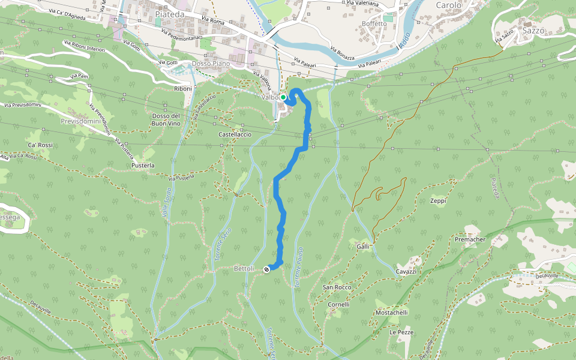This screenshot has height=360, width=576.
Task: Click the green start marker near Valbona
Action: click(283, 97)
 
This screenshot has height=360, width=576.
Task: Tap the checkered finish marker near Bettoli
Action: click(266, 270)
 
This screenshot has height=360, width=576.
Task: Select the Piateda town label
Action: click(169, 13)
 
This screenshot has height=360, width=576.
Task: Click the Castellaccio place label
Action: click(235, 135)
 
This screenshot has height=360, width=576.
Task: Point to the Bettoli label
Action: click(244, 268)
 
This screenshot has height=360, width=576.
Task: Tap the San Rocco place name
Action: click(337, 287)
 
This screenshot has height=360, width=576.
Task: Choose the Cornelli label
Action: click(338, 304)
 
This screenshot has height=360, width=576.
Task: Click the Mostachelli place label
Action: click(391, 313)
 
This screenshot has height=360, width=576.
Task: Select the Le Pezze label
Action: click(401, 332)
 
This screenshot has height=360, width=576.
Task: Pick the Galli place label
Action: click(362, 247)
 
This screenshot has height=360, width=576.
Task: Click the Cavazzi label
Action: click(406, 271)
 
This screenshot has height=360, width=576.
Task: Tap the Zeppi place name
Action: click(438, 201)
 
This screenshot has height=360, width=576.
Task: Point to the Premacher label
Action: click(470, 239)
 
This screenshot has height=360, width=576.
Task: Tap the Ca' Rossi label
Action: click(40, 145)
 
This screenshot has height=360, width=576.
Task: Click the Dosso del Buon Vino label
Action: click(166, 119)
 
